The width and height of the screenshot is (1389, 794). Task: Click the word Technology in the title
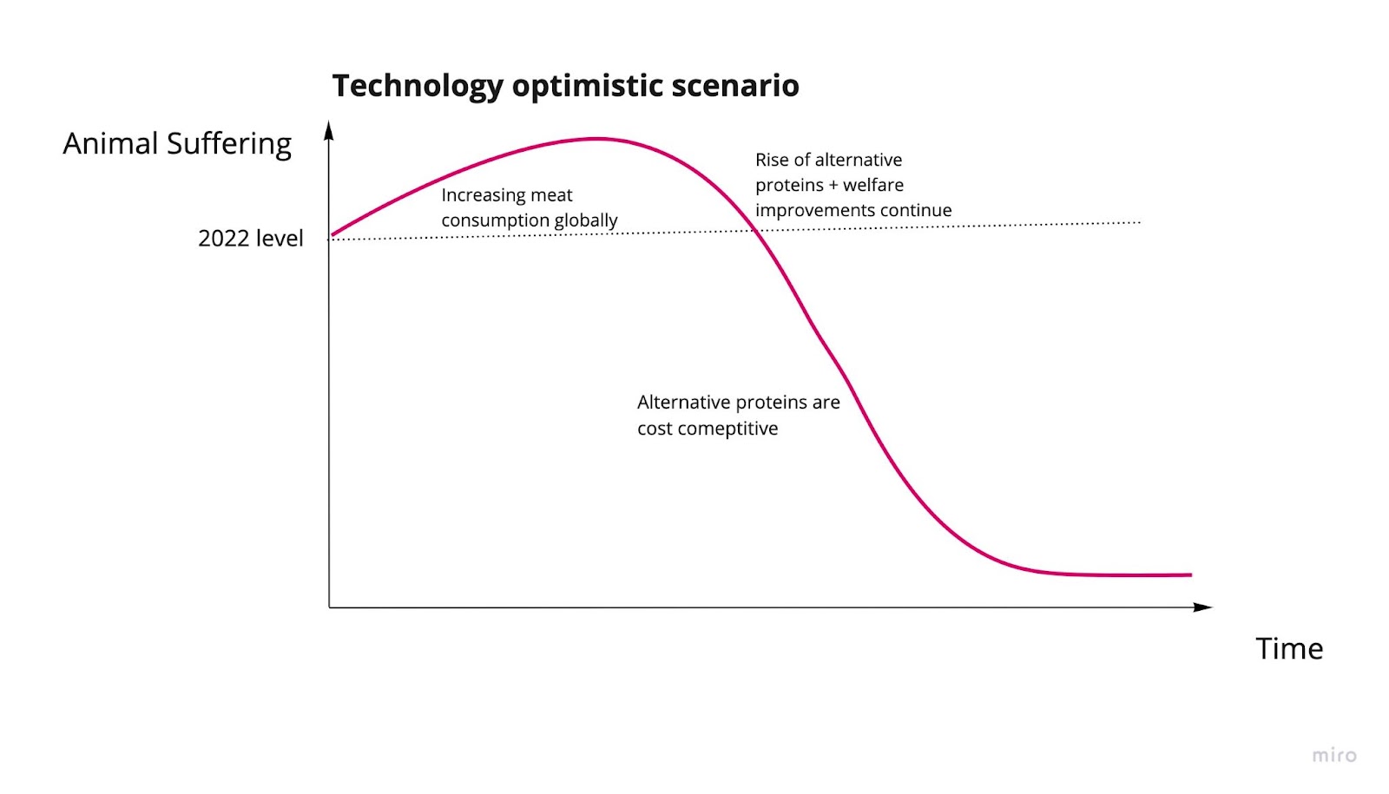[x=418, y=86]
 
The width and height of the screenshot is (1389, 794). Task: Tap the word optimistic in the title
[x=587, y=87]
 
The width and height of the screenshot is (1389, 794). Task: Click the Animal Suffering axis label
[x=177, y=144]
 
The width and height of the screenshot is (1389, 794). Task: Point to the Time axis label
[x=1289, y=649]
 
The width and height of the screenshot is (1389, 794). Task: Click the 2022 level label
[x=251, y=239]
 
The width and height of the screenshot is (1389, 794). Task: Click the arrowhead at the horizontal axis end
[x=1202, y=607]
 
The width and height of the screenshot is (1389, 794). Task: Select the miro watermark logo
[x=1334, y=756]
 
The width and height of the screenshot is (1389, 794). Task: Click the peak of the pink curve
[x=596, y=139]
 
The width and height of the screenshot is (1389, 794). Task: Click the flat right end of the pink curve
[x=1191, y=575]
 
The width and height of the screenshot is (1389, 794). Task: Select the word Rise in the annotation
[x=771, y=160]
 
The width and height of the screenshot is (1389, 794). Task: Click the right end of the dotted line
[x=1140, y=222]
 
